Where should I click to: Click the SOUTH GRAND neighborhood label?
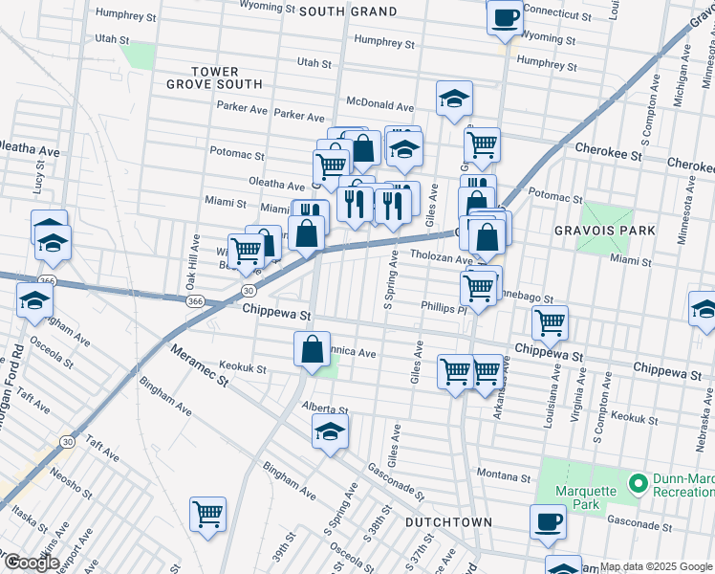point(347,11)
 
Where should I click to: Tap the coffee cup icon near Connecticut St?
point(505,16)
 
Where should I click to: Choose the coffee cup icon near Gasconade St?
point(549,521)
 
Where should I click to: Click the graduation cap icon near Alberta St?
point(330,431)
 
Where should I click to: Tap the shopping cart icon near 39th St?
point(207,515)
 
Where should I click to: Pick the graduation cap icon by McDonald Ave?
point(454,98)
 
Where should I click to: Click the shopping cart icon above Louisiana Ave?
point(550,323)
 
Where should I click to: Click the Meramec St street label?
point(200,366)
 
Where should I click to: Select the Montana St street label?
point(504,476)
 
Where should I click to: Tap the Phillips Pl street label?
point(442,308)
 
